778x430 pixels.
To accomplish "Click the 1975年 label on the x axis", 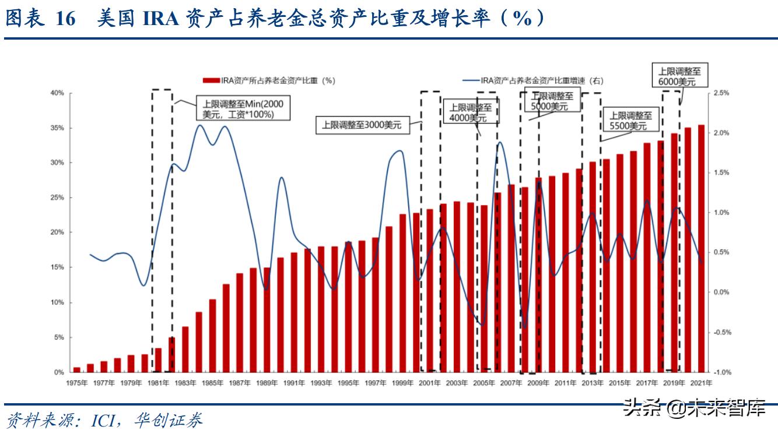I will (77, 383).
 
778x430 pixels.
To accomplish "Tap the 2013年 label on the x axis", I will (593, 383).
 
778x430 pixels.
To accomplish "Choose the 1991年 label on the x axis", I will (294, 383).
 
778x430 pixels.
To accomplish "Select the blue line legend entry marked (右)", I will (531, 81).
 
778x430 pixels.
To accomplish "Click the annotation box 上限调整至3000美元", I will (362, 125).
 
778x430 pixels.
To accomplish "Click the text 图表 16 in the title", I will (41, 19).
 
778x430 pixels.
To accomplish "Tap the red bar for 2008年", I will (525, 280).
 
